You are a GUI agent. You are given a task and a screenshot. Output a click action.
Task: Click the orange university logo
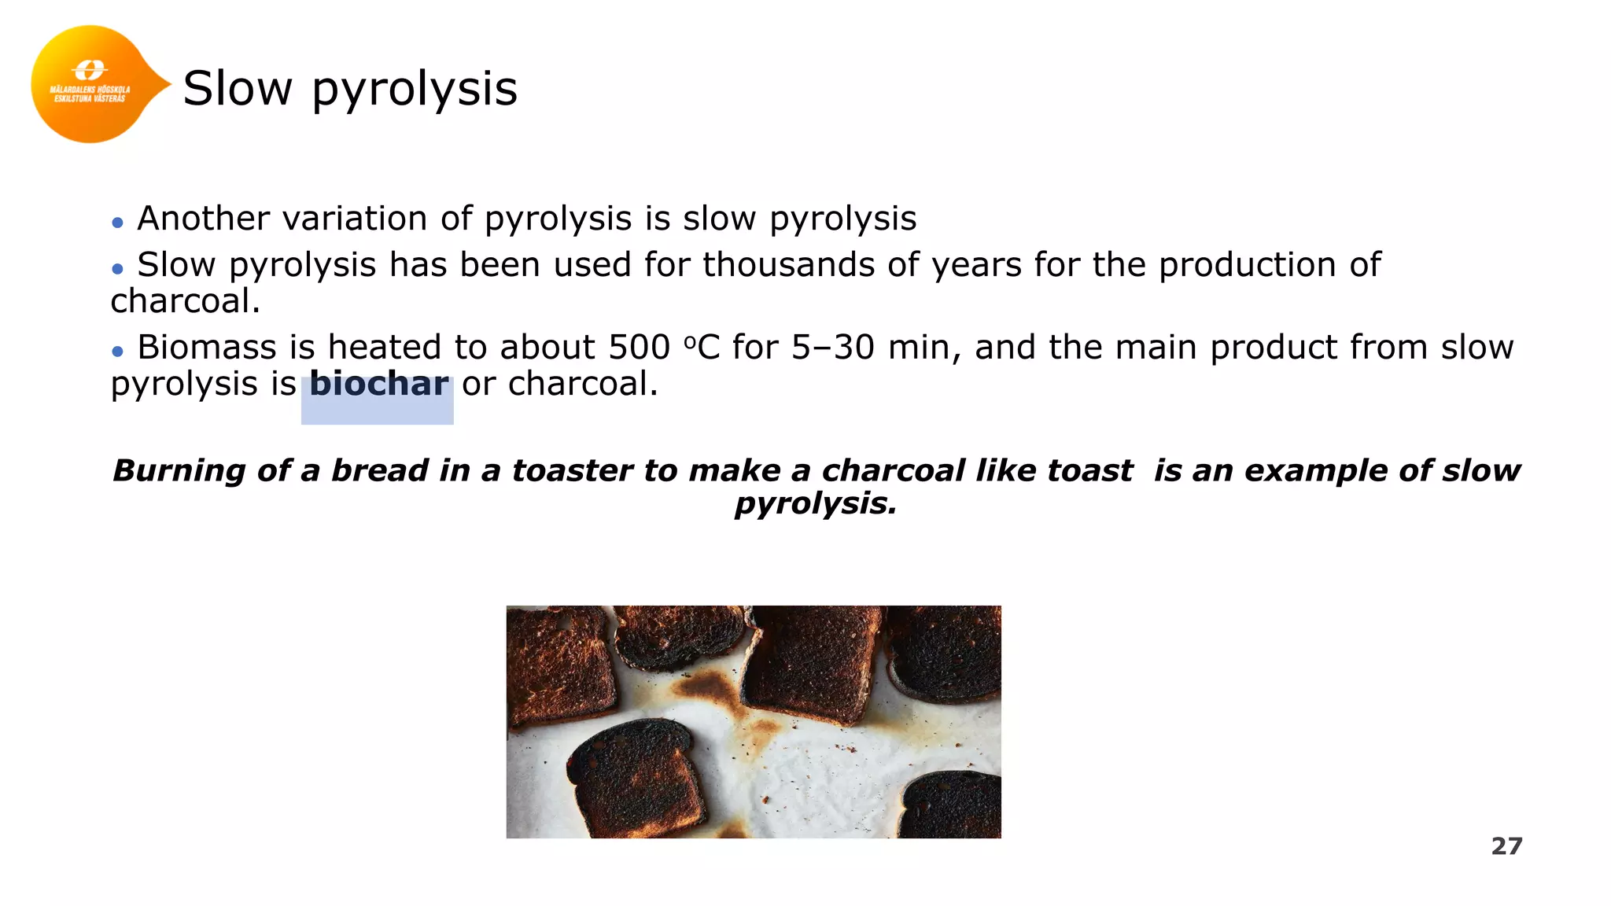[90, 84]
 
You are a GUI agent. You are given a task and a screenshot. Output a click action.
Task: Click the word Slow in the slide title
[237, 88]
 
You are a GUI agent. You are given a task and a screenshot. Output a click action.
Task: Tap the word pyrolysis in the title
[415, 90]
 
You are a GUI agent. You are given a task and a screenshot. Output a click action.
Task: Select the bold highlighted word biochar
[378, 385]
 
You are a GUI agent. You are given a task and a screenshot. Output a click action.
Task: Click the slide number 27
[1506, 846]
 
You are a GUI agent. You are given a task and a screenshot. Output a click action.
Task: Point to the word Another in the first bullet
[203, 219]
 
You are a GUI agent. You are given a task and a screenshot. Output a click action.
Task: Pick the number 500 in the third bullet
[639, 348]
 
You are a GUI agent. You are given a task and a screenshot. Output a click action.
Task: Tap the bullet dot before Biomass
[118, 352]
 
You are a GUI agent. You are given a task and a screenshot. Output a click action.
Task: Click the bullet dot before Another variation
[118, 223]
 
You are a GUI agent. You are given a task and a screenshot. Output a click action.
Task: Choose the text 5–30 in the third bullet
[832, 348]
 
